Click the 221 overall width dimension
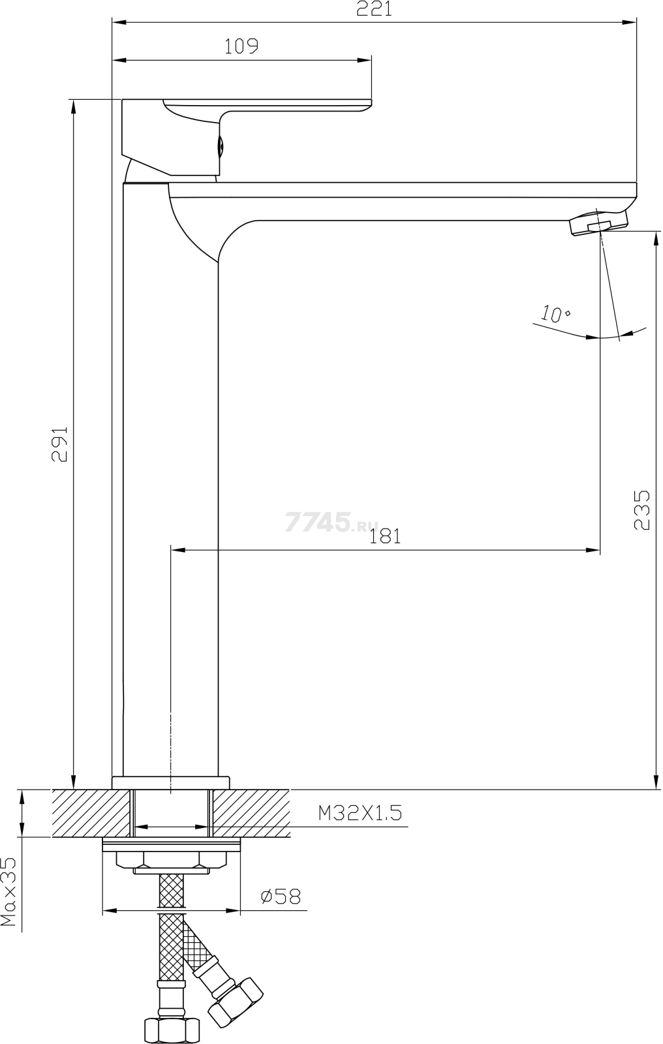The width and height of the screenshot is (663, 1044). [375, 9]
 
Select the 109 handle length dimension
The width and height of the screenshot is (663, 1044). [241, 46]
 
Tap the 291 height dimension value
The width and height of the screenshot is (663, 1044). [59, 444]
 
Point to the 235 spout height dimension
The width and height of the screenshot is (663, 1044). [641, 510]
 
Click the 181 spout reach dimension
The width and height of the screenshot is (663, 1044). [385, 536]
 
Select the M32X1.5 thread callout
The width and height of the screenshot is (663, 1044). [360, 813]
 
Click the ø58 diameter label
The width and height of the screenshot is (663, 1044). [281, 897]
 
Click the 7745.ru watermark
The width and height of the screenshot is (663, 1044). [331, 522]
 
